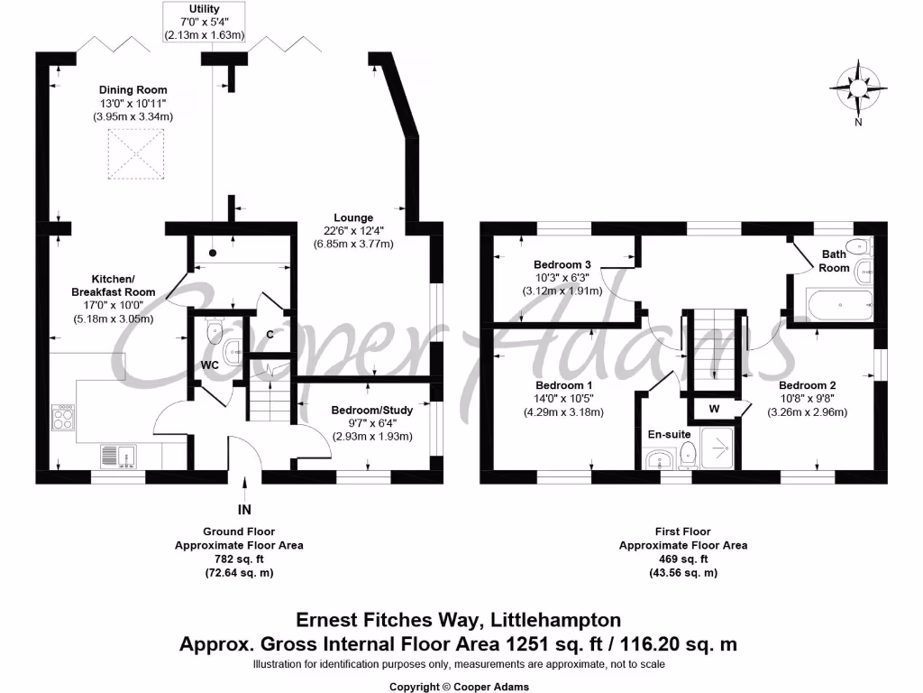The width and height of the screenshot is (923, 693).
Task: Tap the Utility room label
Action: coord(205,9)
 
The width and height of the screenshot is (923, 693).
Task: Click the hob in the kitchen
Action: coord(64,416)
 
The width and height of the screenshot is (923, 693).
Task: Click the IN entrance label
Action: coord(244,510)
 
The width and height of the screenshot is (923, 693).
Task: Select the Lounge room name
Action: coord(353,217)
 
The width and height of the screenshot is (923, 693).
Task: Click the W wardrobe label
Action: coord(714,408)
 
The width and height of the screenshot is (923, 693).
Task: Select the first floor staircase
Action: coord(714,351)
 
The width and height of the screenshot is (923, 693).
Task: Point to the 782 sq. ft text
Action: coord(238,559)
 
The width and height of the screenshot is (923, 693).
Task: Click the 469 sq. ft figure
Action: coord(682,559)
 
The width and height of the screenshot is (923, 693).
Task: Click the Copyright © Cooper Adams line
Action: coord(460,687)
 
